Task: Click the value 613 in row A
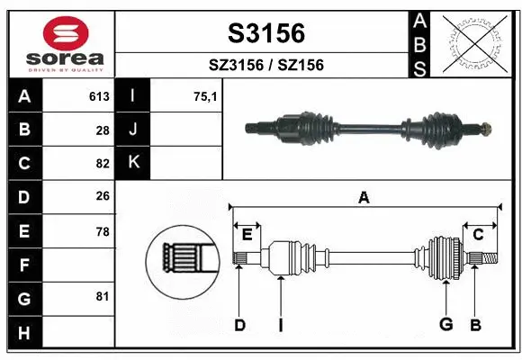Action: click(x=99, y=96)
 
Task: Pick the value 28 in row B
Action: click(x=102, y=130)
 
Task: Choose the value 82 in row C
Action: click(x=102, y=163)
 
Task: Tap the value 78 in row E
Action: click(x=102, y=231)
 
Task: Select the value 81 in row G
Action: click(x=102, y=296)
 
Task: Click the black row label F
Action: click(x=22, y=265)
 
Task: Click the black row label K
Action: click(x=133, y=163)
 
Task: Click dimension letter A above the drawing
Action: click(x=364, y=198)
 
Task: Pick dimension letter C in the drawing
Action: click(x=478, y=234)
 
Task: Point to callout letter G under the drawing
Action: click(x=444, y=325)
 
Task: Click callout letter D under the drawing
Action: click(x=239, y=325)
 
